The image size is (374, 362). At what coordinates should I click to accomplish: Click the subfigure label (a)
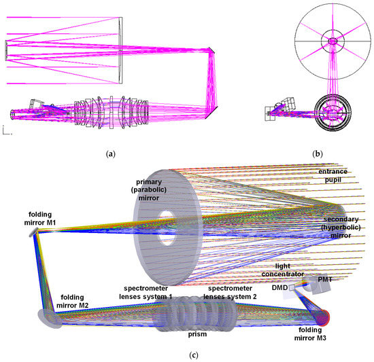pyautogui.click(x=109, y=153)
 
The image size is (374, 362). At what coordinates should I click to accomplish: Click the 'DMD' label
pyautogui.click(x=277, y=287)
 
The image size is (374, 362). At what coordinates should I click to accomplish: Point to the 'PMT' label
pyautogui.click(x=325, y=279)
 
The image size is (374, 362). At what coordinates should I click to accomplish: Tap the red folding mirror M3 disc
pyautogui.click(x=325, y=316)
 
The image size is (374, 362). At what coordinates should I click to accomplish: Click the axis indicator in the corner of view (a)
pyautogui.click(x=5, y=130)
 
